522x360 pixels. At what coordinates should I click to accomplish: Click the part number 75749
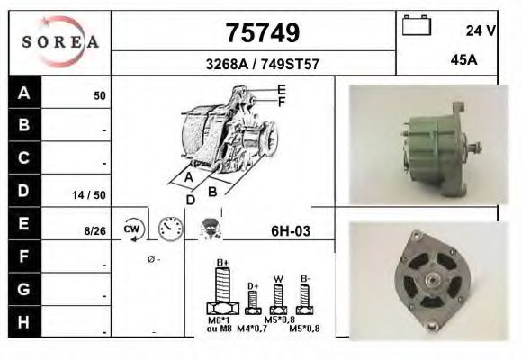point(263,32)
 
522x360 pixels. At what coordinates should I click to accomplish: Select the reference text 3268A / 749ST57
point(263,64)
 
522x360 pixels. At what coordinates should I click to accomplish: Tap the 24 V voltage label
point(481,31)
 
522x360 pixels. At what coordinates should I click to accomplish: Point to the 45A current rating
point(463,60)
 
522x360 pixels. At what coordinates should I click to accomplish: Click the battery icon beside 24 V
point(417,25)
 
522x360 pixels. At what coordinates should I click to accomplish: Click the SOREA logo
point(60,42)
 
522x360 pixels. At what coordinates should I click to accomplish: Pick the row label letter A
point(23,93)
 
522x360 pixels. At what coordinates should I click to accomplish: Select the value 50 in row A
point(100,96)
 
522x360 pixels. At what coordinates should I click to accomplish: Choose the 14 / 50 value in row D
point(89,195)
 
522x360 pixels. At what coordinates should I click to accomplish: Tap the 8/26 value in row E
point(95,230)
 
